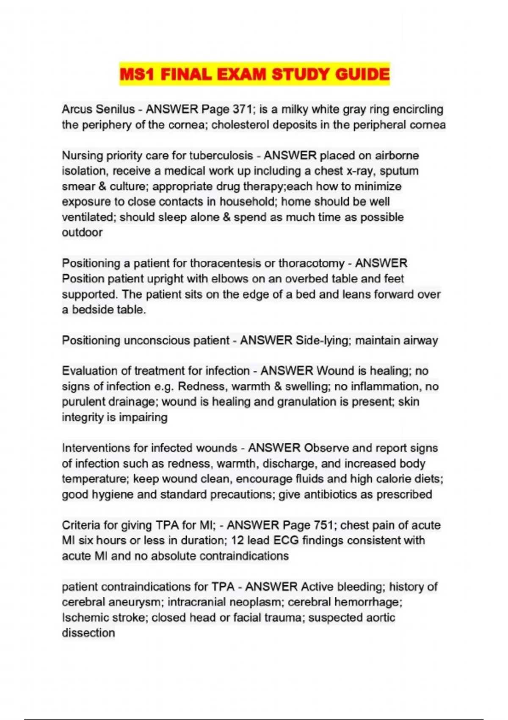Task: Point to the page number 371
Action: coord(243,109)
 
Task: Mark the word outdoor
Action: coord(82,233)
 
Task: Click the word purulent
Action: coord(83,402)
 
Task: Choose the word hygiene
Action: coord(110,495)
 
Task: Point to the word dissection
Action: coord(88,633)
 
